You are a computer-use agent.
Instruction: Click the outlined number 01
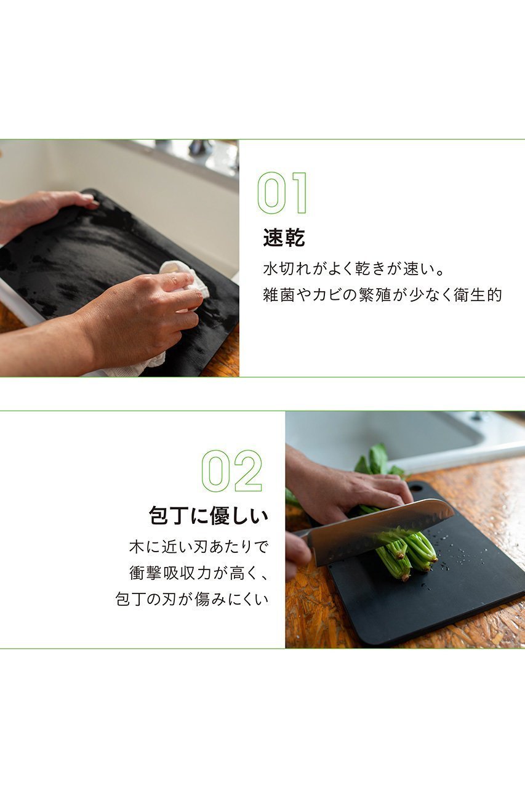coord(283,193)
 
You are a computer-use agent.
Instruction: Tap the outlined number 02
coord(232,471)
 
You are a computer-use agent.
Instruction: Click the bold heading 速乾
coord(284,238)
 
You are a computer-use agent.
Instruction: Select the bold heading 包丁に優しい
coord(209,516)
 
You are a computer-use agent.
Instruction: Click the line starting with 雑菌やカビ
coord(383,295)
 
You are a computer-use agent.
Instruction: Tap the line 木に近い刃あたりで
coord(199,547)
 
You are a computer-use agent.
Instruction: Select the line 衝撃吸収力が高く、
coord(199,573)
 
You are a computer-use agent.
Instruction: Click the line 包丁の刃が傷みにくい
coord(192,599)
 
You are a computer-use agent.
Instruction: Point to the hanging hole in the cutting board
coord(416,488)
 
